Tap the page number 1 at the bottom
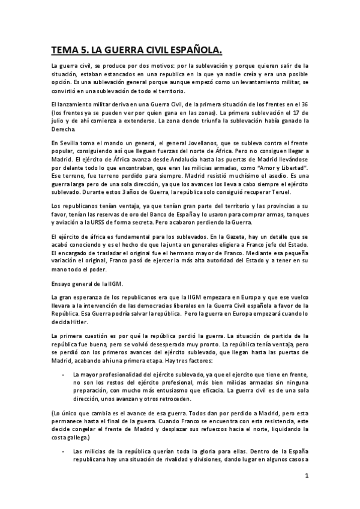[306, 477]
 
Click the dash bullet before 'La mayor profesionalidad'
[63, 374]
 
